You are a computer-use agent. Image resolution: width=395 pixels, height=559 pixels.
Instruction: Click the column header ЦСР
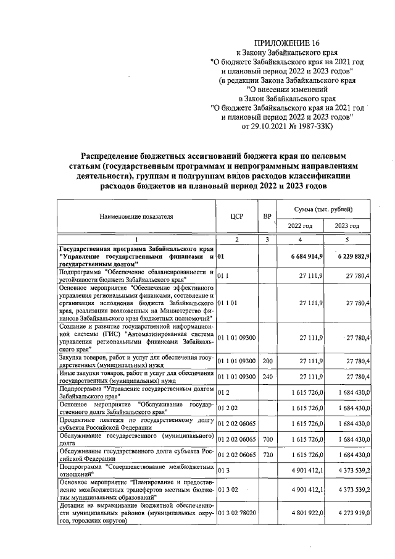(235, 217)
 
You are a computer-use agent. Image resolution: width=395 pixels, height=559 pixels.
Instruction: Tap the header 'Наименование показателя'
(136, 217)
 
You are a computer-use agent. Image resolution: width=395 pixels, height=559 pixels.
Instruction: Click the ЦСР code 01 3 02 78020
(236, 512)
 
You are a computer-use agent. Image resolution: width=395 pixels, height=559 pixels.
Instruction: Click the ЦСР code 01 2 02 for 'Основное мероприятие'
(225, 408)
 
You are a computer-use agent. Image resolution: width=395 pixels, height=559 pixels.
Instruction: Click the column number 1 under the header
(136, 239)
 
